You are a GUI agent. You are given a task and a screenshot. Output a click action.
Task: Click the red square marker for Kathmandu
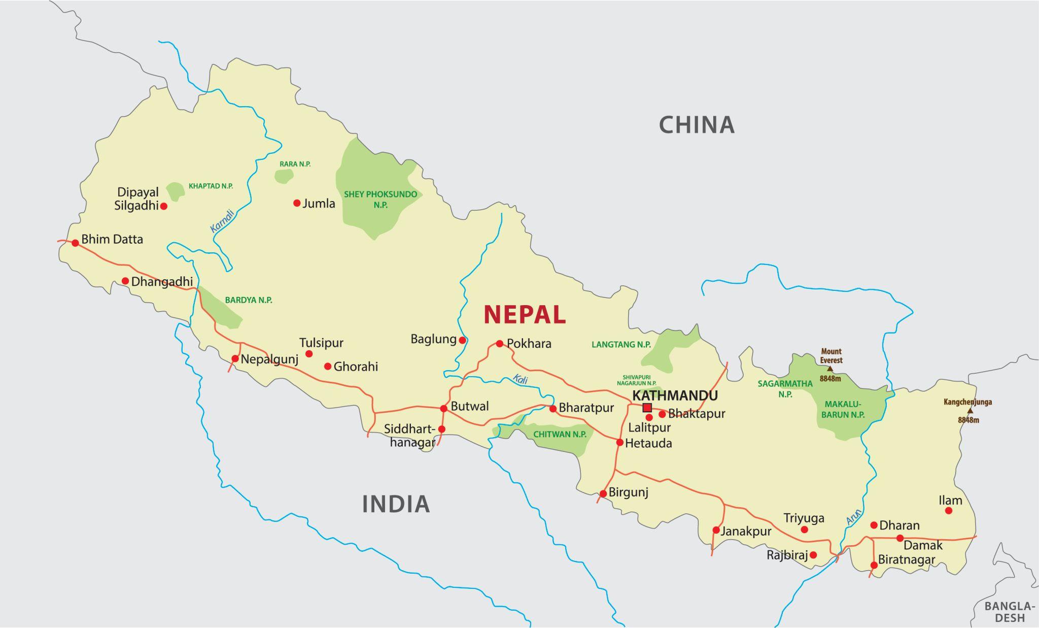click(x=647, y=408)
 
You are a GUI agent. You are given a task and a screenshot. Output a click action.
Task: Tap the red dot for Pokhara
click(x=499, y=344)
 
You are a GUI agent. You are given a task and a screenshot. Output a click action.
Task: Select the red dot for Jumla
click(x=297, y=203)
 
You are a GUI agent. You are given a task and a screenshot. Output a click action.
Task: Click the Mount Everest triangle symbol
click(x=830, y=369)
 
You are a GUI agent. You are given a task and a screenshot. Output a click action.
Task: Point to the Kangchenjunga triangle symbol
click(x=970, y=411)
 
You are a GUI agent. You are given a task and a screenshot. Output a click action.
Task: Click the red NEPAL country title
click(x=524, y=315)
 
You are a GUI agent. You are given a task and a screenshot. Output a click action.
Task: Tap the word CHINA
click(x=696, y=125)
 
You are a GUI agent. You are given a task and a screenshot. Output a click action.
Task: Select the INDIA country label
click(x=396, y=504)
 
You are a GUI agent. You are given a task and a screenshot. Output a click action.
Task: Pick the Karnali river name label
click(x=222, y=221)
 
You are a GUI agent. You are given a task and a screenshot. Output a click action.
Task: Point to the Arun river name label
click(x=854, y=517)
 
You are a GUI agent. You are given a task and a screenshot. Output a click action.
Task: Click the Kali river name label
click(x=520, y=379)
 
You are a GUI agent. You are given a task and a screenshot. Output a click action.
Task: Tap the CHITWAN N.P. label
click(x=560, y=435)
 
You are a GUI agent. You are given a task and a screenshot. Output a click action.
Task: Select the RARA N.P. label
click(x=295, y=164)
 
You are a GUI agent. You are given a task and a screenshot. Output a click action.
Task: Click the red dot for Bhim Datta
click(x=75, y=243)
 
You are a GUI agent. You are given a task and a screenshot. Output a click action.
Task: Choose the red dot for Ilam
click(x=949, y=511)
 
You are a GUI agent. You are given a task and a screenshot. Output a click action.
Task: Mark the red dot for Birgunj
click(x=603, y=493)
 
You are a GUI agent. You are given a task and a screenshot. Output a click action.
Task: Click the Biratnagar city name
click(x=906, y=560)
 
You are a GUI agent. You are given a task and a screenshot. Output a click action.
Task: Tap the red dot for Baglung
click(x=462, y=340)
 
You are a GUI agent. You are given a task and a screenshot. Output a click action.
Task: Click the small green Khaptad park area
click(x=176, y=191)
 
